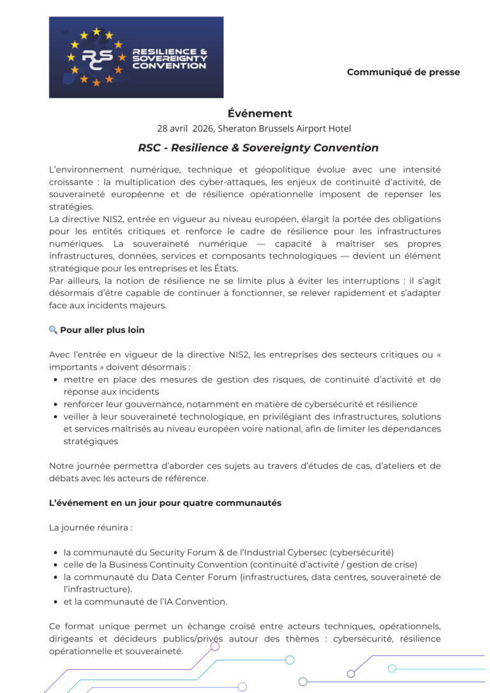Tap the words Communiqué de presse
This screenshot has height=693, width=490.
tap(403, 72)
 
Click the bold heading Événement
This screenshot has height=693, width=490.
tap(260, 114)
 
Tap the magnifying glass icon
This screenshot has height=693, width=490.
tap(53, 330)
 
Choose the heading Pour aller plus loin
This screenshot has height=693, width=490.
tap(102, 330)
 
